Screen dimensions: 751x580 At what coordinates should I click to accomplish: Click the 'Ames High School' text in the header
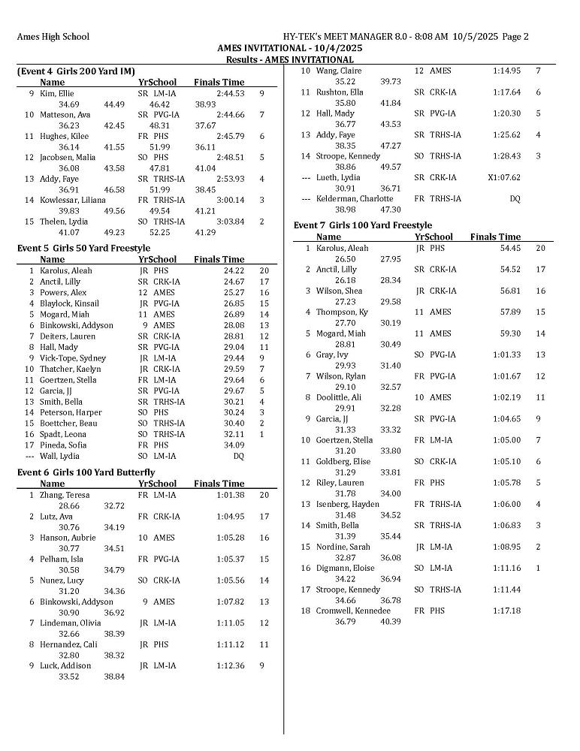53,36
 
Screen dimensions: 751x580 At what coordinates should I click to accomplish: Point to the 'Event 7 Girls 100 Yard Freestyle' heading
362,225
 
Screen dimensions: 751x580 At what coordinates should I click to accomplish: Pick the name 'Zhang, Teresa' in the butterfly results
65,495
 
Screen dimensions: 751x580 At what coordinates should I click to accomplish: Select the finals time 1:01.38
229,495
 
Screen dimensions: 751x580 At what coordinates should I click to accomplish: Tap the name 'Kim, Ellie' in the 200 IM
57,94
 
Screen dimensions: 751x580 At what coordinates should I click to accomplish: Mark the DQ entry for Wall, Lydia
238,456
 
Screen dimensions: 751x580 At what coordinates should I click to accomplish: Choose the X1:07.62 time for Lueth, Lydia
504,177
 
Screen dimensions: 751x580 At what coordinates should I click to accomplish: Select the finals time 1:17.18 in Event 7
506,611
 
